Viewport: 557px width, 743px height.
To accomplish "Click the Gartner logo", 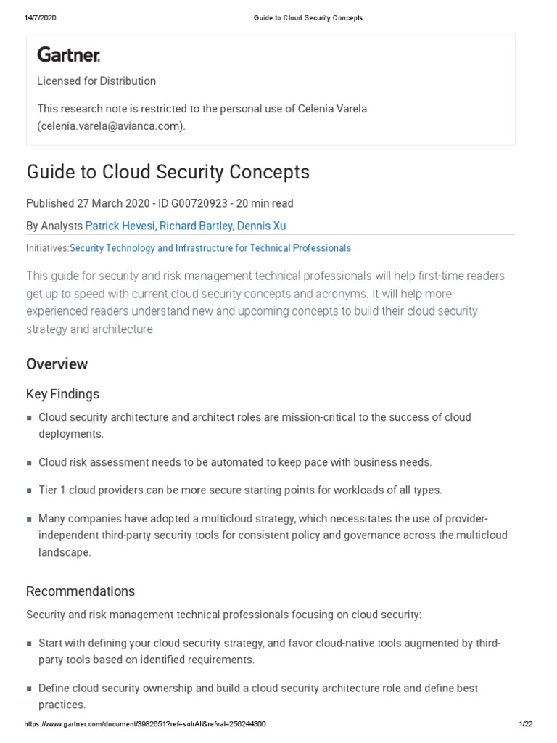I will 69,54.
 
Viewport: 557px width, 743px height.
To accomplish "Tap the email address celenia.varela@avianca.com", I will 111,126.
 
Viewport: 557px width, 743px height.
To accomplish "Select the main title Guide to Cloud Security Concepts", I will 168,172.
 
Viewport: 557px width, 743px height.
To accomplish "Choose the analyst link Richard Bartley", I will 196,226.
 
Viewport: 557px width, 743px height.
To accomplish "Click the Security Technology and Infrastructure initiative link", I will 210,248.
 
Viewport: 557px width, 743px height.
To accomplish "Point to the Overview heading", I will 57,364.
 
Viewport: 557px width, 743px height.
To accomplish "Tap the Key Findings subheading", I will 62,394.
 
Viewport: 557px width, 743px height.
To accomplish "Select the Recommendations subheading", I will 81,591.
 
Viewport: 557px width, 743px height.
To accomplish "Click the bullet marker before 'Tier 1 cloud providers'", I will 29,490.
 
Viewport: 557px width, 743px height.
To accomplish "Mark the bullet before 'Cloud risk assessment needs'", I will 29,463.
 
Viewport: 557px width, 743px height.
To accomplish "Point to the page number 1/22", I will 526,724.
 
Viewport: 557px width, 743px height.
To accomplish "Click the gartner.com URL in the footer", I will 145,724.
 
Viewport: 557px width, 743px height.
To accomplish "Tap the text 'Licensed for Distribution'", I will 96,81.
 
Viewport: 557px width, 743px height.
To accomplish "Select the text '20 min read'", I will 264,203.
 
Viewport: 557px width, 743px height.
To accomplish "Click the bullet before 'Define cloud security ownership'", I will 29,689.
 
